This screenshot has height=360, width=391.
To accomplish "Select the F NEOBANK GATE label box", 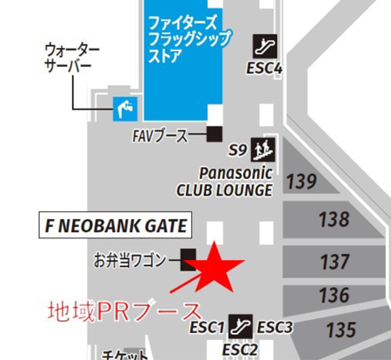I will point(116,226).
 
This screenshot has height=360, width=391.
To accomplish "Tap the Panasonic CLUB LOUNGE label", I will point(224,179).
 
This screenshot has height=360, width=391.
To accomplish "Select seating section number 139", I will point(302,182).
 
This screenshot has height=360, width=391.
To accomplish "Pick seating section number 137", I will point(335,261).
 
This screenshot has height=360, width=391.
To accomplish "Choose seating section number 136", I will point(334,296).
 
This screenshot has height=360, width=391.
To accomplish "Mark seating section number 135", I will point(341,330).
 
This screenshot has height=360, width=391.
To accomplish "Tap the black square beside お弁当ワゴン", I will point(188,257).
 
